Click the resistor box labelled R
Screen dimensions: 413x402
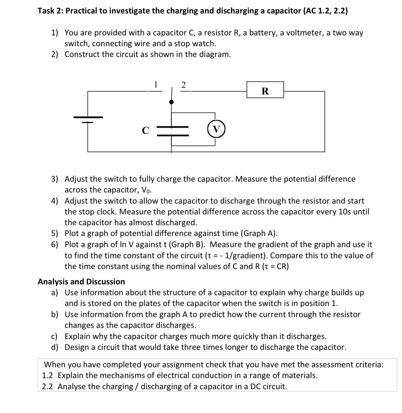pyautogui.click(x=265, y=90)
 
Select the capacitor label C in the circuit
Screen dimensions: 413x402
pyautogui.click(x=145, y=130)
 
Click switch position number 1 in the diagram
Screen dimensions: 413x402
pyautogui.click(x=155, y=85)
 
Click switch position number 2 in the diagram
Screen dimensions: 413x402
pyautogui.click(x=184, y=85)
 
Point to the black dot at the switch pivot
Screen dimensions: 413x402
pyautogui.click(x=172, y=102)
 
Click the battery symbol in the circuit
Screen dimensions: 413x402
pyautogui.click(x=88, y=120)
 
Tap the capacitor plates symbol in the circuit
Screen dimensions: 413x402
pyautogui.click(x=172, y=131)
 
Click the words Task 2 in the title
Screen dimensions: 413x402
pyautogui.click(x=49, y=11)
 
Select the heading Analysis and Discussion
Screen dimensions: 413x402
pyautogui.click(x=81, y=282)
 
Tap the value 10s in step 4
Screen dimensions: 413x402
pyautogui.click(x=345, y=212)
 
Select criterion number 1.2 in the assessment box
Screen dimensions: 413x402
pyautogui.click(x=47, y=375)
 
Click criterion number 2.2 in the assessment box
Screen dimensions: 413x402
pyautogui.click(x=47, y=387)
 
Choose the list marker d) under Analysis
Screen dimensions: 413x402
pyautogui.click(x=55, y=348)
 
